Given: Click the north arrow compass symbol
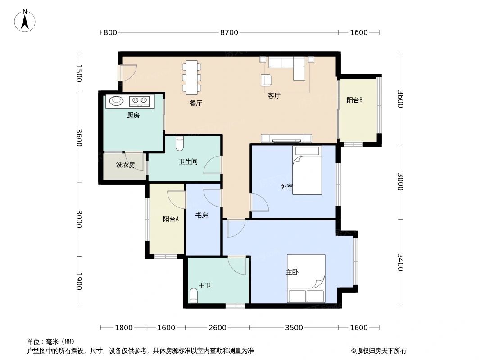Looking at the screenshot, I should pos(25,20).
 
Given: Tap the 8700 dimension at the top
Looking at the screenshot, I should pos(229,32).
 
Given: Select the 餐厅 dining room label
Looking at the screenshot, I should pos(195,103).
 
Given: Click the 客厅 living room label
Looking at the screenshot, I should pos(274,95).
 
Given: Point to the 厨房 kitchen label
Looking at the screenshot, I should pos(133,116).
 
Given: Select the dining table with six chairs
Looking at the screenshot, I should pos(192,78).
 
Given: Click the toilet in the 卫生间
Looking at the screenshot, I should pos(180,143).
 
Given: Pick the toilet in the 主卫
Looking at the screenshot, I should pos(194,296).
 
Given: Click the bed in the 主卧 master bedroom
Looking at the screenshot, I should pos(306,278).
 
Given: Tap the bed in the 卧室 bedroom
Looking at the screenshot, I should pos(307,170).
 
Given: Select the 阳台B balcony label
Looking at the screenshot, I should pos(354,100).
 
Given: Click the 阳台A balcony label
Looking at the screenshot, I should pos(171,219).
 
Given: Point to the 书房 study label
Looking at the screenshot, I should pos(201,216).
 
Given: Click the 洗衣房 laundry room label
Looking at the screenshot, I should pos(125,165).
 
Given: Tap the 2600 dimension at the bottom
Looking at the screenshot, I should pos(217,328).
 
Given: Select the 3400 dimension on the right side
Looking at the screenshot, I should pos(400,262).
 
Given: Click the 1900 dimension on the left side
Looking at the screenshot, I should pos(79,281).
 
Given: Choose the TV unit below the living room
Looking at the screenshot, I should pos(286,138).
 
